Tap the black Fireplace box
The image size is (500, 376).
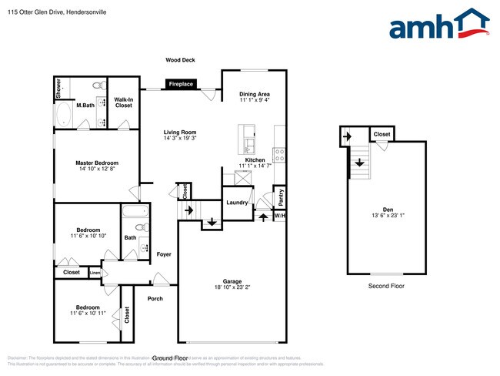click(180, 84)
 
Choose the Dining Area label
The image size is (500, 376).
click(254, 94)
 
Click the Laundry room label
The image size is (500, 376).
click(236, 203)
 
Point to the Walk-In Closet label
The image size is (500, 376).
click(123, 102)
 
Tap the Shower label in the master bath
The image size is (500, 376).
click(58, 89)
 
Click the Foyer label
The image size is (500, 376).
click(164, 254)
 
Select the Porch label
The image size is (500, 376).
click(155, 298)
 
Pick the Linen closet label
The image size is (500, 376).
click(95, 273)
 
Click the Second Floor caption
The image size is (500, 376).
click(387, 286)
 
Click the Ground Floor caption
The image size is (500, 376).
click(171, 358)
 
